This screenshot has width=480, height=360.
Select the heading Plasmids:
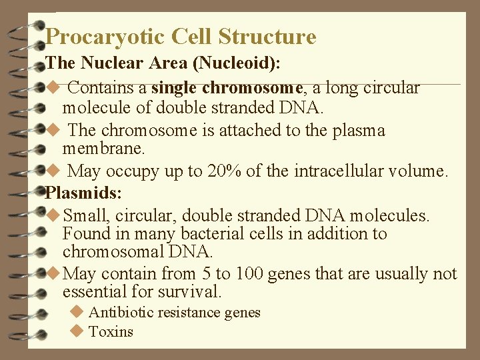[83, 193]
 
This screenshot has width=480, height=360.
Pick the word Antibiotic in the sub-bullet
[119, 313]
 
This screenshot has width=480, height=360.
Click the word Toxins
[111, 332]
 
